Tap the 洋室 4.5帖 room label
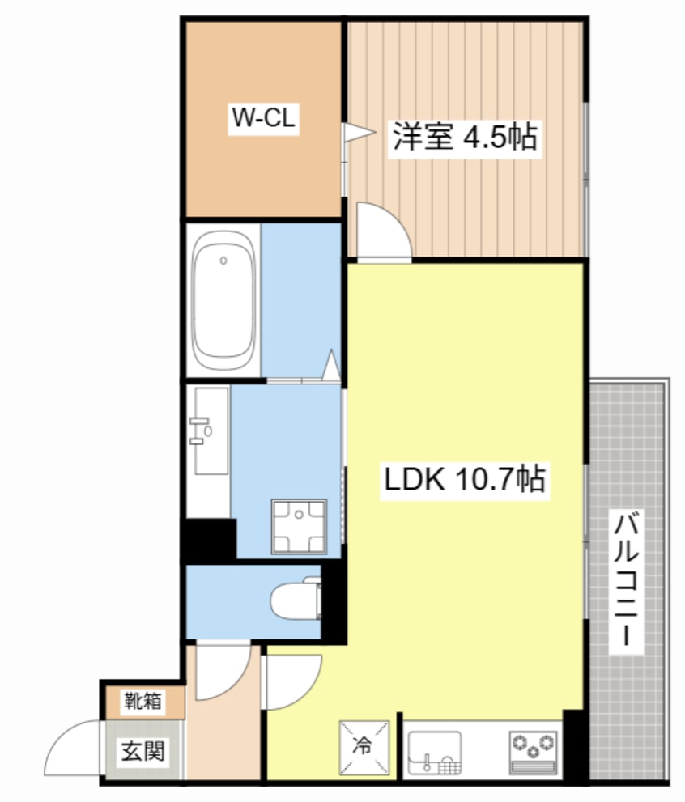point(465,136)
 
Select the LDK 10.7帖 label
point(463,480)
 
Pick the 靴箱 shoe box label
point(143,702)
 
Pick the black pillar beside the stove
point(574,745)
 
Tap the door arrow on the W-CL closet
point(355,132)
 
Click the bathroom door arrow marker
point(331,365)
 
